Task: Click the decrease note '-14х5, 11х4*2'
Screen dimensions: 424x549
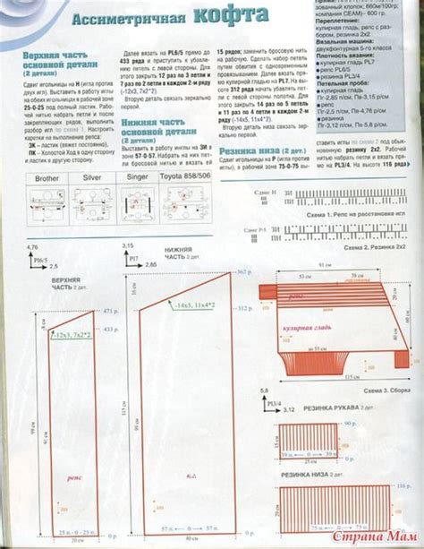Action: click(195, 305)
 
